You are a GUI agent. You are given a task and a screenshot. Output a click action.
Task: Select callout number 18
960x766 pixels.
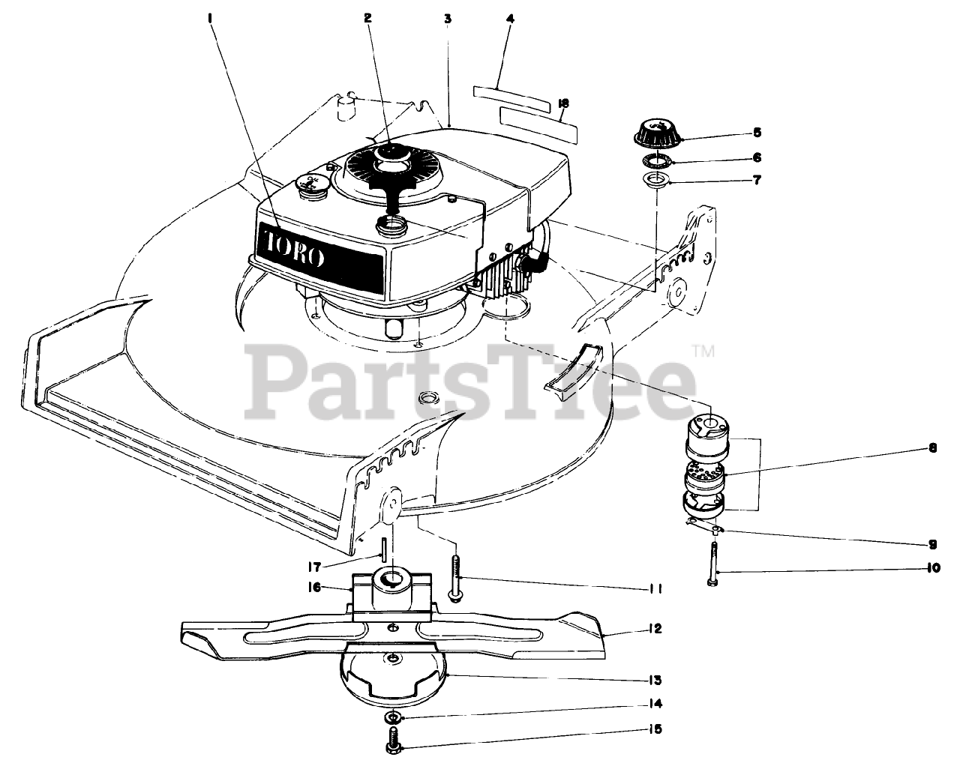(564, 102)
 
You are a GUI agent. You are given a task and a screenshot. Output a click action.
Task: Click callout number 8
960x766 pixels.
(932, 450)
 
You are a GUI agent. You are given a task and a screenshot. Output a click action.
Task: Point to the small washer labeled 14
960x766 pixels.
(392, 718)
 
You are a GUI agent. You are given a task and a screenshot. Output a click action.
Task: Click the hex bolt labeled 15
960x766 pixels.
(391, 744)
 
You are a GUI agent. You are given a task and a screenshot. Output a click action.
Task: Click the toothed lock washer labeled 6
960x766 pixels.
(657, 159)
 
